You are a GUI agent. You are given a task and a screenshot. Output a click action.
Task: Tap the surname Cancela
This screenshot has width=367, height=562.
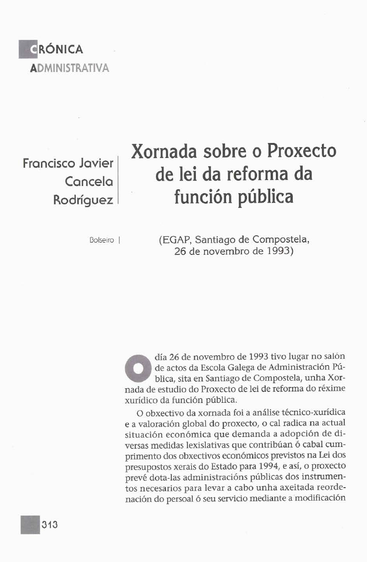coord(89,182)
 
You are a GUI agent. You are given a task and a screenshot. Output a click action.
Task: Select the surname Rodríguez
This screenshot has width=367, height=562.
coord(83,200)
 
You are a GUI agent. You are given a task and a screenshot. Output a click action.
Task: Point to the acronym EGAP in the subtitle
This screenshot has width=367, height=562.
coord(180,238)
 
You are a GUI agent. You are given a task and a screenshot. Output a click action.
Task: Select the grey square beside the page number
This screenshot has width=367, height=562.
coord(30,524)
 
